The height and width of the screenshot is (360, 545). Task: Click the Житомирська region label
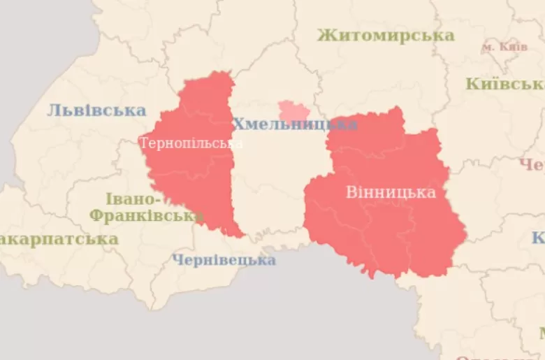tap(386, 35)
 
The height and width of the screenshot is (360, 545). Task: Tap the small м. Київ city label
tap(504, 47)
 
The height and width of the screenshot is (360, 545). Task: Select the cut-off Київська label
tap(504, 84)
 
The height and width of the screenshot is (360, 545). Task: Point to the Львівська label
tap(96, 110)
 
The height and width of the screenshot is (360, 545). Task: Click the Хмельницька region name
tap(294, 124)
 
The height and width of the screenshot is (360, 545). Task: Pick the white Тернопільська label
tap(191, 143)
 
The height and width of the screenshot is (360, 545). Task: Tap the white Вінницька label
tap(391, 192)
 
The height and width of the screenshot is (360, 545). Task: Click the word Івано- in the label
tap(133, 199)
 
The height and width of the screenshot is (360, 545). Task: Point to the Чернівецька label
tap(224, 260)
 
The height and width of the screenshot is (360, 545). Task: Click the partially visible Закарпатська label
tap(59, 239)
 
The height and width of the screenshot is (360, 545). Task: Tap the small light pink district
tap(293, 111)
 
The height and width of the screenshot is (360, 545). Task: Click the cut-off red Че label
tap(532, 165)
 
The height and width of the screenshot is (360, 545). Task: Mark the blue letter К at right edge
tap(539, 238)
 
